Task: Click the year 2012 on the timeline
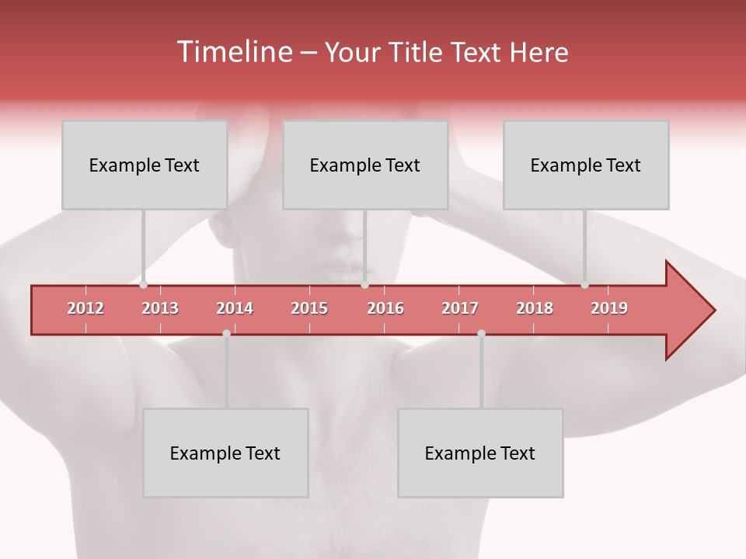click(85, 308)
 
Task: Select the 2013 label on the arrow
click(160, 308)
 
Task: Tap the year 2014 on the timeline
click(235, 308)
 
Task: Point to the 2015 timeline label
click(309, 308)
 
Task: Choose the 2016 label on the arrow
click(385, 308)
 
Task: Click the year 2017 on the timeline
click(460, 308)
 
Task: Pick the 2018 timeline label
click(535, 308)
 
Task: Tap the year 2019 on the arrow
click(609, 308)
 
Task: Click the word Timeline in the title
click(233, 52)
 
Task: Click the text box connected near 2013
click(145, 165)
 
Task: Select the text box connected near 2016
click(365, 165)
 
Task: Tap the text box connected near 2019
click(586, 165)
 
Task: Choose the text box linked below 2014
click(225, 453)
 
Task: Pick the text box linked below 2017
click(480, 453)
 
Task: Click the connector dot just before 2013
click(144, 285)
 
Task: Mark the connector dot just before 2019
click(584, 285)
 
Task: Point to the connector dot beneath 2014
click(226, 333)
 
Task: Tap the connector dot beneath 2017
click(481, 333)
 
